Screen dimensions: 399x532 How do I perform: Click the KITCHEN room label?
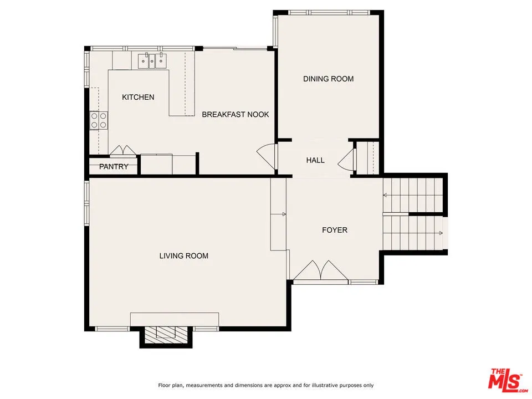coord(138,98)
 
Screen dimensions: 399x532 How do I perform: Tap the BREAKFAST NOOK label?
coord(235,115)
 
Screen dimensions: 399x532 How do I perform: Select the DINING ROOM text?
coord(328,79)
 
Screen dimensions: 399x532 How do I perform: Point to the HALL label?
coord(315,160)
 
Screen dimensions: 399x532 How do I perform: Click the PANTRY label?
coord(114,167)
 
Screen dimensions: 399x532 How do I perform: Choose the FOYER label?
coord(334,229)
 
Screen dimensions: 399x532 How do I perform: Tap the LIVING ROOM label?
coord(183,255)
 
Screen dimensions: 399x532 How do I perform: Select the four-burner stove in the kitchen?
coord(99,120)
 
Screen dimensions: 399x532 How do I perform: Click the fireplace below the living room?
coord(165,334)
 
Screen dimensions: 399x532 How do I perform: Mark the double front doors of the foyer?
coord(320,272)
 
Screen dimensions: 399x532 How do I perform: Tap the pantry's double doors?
coord(122,151)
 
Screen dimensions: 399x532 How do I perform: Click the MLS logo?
coord(505,380)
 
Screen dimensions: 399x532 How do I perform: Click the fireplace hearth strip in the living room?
coord(174,319)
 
